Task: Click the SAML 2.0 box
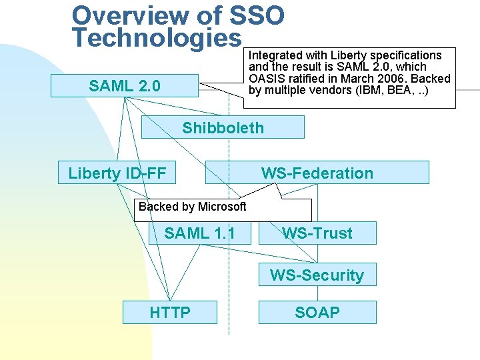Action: coord(125,86)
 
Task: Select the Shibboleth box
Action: coord(223,127)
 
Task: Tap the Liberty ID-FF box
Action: coord(117,173)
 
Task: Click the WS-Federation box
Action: coord(317,173)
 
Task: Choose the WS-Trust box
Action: coord(317,233)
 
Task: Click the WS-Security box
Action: coord(317,275)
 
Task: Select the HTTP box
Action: coord(170,312)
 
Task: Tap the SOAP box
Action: coord(317,312)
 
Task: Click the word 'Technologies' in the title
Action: coord(157,37)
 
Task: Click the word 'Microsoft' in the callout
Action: coord(222,207)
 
